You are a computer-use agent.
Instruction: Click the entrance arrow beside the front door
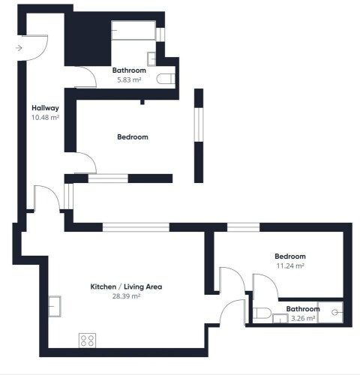pyautogui.click(x=19, y=48)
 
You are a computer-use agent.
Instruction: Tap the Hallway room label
pyautogui.click(x=45, y=108)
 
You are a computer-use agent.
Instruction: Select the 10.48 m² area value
pyautogui.click(x=45, y=117)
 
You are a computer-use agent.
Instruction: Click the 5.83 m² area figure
pyautogui.click(x=129, y=80)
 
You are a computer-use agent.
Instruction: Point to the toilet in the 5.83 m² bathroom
pyautogui.click(x=166, y=79)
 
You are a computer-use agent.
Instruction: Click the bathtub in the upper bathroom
pyautogui.click(x=133, y=30)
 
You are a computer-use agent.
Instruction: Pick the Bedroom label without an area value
pyautogui.click(x=133, y=136)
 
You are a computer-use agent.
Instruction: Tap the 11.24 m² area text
pyautogui.click(x=290, y=265)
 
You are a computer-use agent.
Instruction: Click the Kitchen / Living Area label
pyautogui.click(x=126, y=286)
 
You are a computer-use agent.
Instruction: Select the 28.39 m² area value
pyautogui.click(x=126, y=296)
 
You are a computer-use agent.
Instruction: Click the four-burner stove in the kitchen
pyautogui.click(x=87, y=340)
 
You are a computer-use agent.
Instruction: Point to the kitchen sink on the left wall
pyautogui.click(x=55, y=306)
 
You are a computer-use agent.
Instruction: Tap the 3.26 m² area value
pyautogui.click(x=303, y=319)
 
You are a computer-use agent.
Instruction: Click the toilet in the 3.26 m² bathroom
pyautogui.click(x=262, y=313)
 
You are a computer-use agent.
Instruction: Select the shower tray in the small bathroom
pyautogui.click(x=330, y=312)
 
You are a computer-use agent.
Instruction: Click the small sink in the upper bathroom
pyautogui.click(x=151, y=59)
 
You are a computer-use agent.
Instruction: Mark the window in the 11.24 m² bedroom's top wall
pyautogui.click(x=243, y=227)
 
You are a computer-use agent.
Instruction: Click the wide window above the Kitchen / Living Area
pyautogui.click(x=136, y=227)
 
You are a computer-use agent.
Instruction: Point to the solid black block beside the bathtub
pyautogui.click(x=88, y=39)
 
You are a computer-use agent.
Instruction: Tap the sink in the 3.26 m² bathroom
pyautogui.click(x=280, y=318)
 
